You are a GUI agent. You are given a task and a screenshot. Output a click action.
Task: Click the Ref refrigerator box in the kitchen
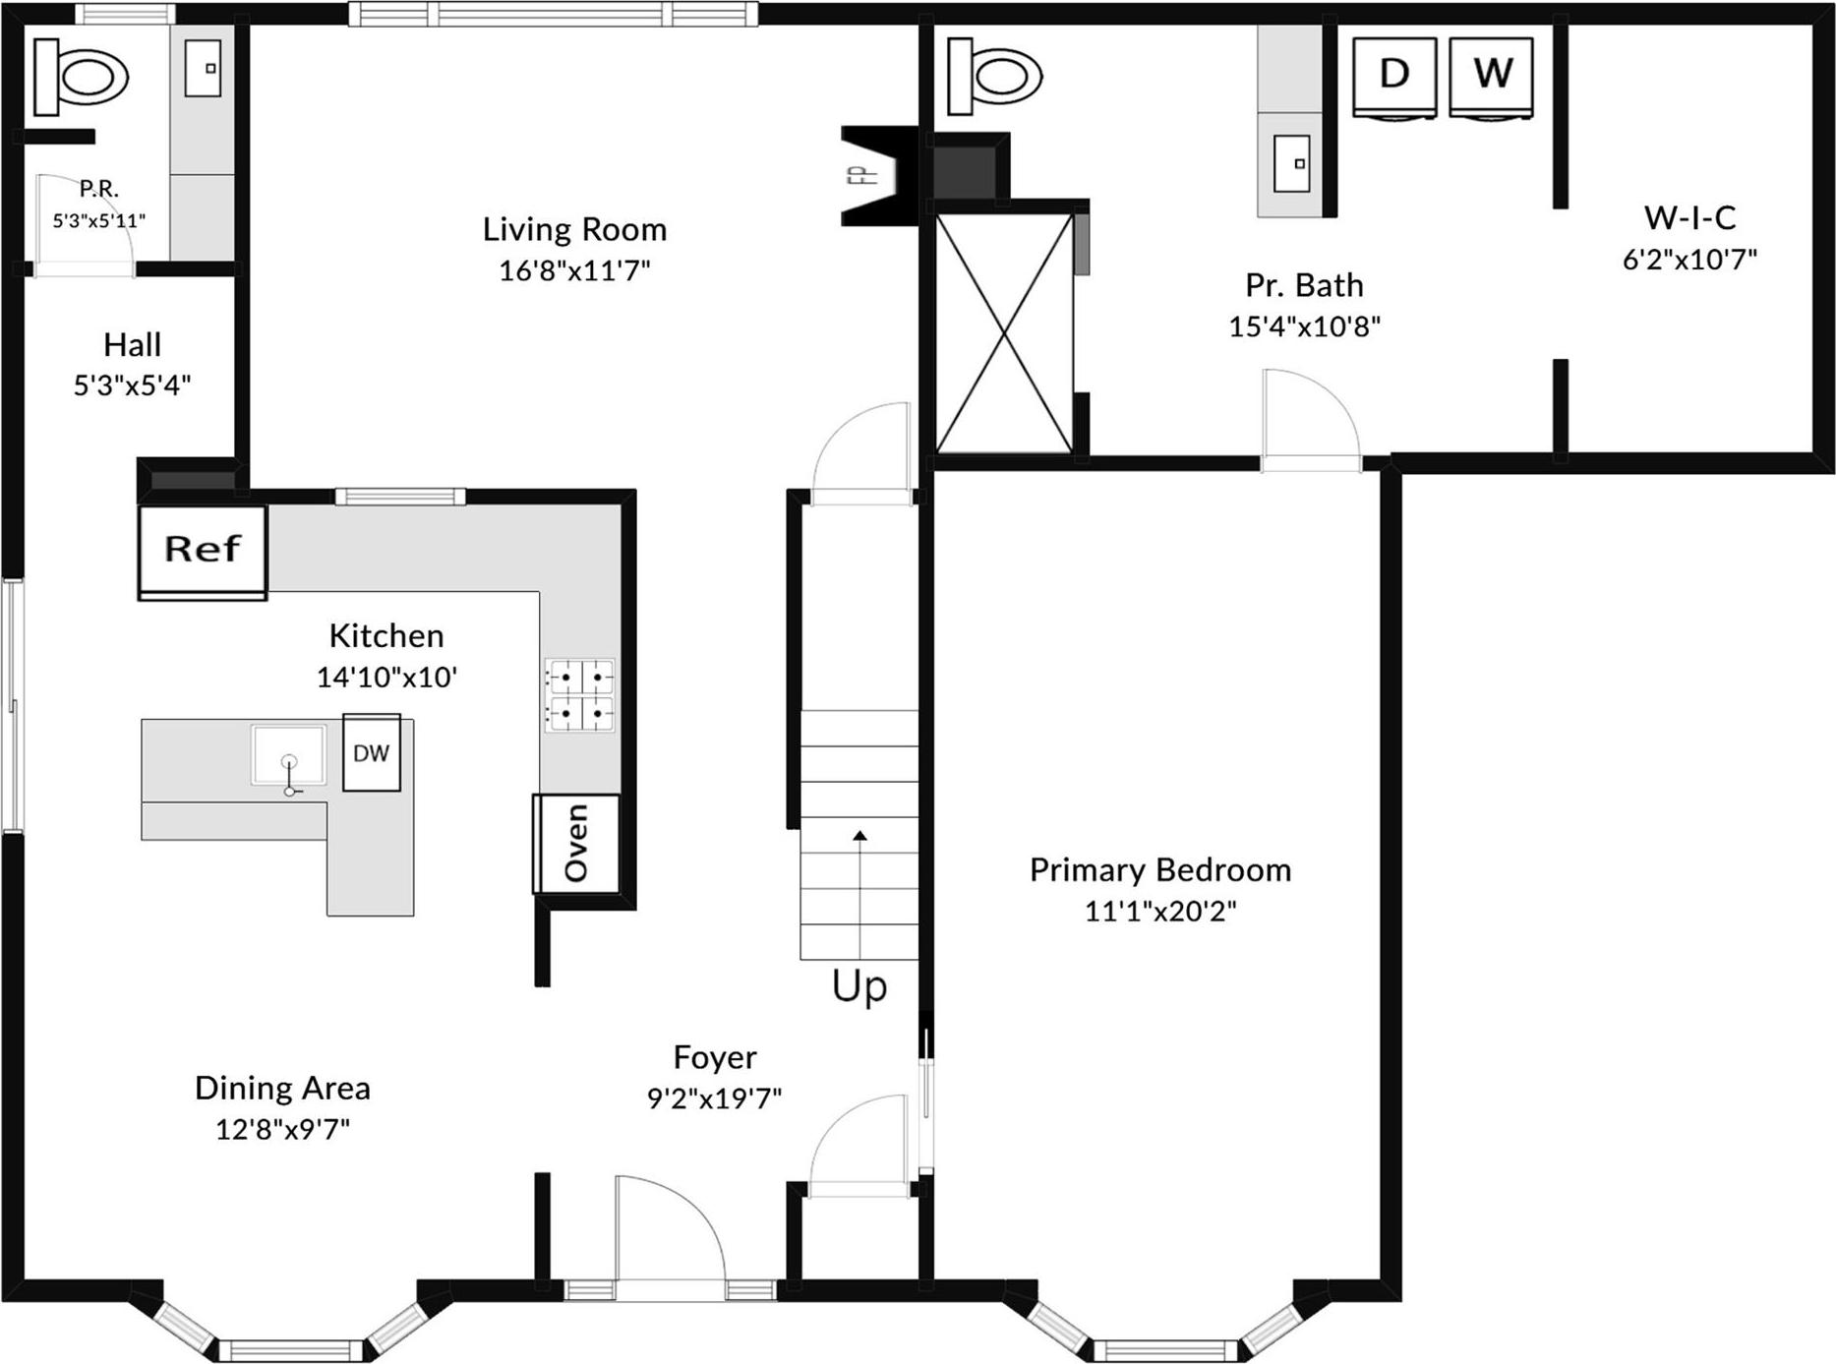click(x=203, y=549)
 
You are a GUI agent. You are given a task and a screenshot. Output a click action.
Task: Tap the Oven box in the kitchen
click(x=576, y=843)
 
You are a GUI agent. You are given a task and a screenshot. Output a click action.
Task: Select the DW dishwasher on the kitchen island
click(x=372, y=753)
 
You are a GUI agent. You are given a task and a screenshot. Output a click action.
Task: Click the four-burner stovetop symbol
click(x=580, y=694)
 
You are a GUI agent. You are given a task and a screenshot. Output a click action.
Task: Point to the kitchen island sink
click(x=288, y=755)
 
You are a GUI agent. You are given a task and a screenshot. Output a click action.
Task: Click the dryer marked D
click(x=1394, y=75)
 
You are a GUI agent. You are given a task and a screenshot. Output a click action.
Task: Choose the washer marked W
click(x=1492, y=75)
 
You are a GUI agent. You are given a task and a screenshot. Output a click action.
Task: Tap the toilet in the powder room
click(x=81, y=75)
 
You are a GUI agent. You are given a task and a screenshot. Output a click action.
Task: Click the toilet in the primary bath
click(x=994, y=75)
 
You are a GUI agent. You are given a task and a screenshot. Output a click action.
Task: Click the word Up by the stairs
click(x=859, y=986)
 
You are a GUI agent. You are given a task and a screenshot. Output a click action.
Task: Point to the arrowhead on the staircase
click(x=859, y=836)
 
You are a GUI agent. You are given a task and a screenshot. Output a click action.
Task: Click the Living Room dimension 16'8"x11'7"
click(x=574, y=270)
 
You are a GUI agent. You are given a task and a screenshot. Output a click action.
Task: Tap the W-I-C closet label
click(x=1689, y=217)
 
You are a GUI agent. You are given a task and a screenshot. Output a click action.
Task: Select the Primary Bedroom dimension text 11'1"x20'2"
click(x=1159, y=912)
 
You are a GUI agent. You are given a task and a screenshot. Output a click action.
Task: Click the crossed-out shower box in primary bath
click(x=1004, y=333)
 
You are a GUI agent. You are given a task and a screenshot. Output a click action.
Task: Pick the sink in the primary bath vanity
click(x=1291, y=163)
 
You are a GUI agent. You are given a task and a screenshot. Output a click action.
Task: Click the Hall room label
click(x=132, y=345)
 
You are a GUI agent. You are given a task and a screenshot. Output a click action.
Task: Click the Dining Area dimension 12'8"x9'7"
click(x=282, y=1129)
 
